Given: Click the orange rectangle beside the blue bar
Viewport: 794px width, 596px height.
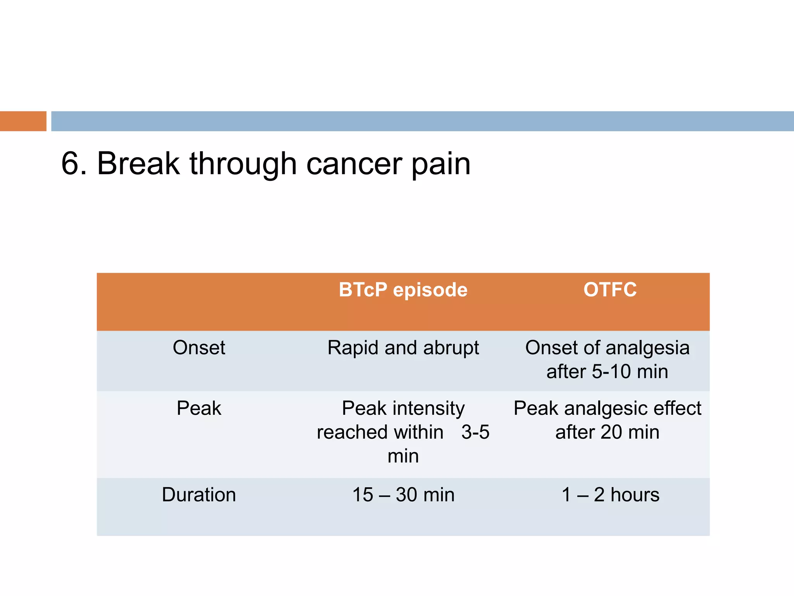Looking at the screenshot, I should pyautogui.click(x=23, y=121).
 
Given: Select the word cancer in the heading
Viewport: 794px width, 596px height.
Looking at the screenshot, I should pyautogui.click(x=353, y=165).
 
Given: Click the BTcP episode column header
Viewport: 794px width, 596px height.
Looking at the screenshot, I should pyautogui.click(x=403, y=290).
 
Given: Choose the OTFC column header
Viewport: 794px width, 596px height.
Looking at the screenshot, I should pyautogui.click(x=610, y=290).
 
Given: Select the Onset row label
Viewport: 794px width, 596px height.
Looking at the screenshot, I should pyautogui.click(x=199, y=348).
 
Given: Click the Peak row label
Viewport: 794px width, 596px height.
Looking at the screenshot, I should pyautogui.click(x=199, y=408).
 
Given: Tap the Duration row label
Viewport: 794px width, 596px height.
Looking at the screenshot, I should pyautogui.click(x=199, y=495).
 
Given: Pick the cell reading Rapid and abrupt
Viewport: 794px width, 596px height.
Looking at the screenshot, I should pyautogui.click(x=403, y=348).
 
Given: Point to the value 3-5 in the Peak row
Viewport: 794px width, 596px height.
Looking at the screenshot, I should pyautogui.click(x=475, y=432).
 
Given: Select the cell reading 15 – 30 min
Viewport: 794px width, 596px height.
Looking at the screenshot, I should pyautogui.click(x=403, y=495).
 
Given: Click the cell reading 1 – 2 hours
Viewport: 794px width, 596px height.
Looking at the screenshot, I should pyautogui.click(x=610, y=495).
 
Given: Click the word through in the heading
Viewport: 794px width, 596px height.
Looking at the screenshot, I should pyautogui.click(x=243, y=165).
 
